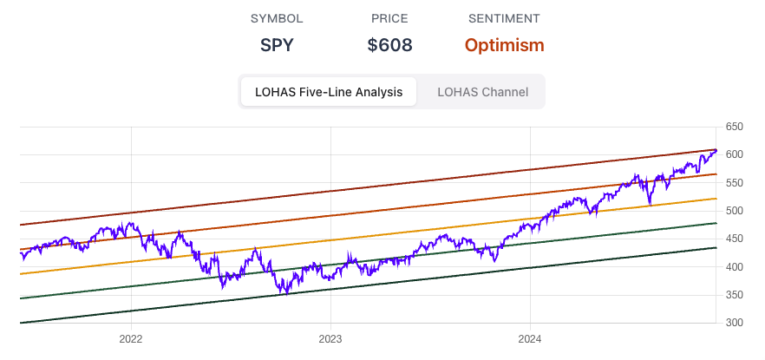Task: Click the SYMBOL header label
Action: pyautogui.click(x=277, y=18)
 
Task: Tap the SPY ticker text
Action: pyautogui.click(x=277, y=45)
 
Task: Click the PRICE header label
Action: pyautogui.click(x=389, y=18)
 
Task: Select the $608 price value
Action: pyautogui.click(x=389, y=45)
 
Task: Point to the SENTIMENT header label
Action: pyautogui.click(x=504, y=18)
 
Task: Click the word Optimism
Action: pyautogui.click(x=504, y=45)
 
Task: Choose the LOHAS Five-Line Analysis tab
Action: pyautogui.click(x=328, y=92)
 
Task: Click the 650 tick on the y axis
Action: pyautogui.click(x=734, y=127)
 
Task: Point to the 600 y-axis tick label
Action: pyautogui.click(x=734, y=154)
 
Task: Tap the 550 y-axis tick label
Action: pyautogui.click(x=734, y=183)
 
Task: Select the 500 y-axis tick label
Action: pyautogui.click(x=734, y=211)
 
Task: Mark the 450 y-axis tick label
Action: pyautogui.click(x=734, y=239)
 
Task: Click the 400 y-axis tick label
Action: pyautogui.click(x=734, y=267)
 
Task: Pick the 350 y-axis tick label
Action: pyautogui.click(x=734, y=295)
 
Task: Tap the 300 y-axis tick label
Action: pyautogui.click(x=734, y=323)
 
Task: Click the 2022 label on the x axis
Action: pyautogui.click(x=131, y=338)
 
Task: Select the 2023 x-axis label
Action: pyautogui.click(x=330, y=338)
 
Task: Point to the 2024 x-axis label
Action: pyautogui.click(x=531, y=338)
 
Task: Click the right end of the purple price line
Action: pyautogui.click(x=716, y=151)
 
